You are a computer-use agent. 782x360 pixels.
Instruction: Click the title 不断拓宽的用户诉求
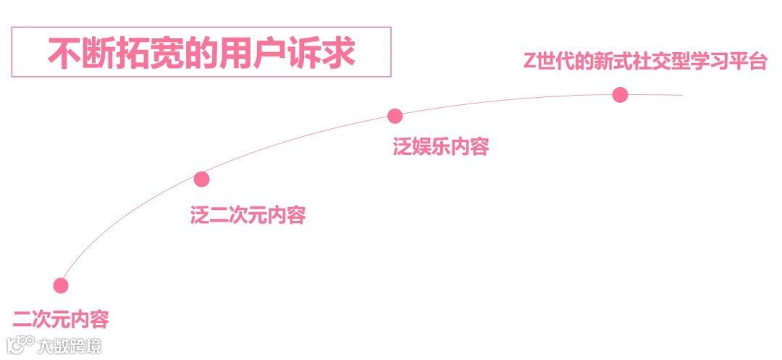(x=201, y=52)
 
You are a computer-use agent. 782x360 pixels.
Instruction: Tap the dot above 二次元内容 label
(x=61, y=285)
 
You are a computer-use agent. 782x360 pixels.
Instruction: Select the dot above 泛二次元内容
(x=201, y=179)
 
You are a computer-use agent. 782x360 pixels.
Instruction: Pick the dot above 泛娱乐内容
(x=395, y=115)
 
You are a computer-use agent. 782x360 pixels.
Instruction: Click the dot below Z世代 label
(x=620, y=94)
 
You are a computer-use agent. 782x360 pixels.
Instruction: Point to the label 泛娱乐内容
(x=441, y=147)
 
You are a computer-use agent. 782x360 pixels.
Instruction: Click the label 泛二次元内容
(x=248, y=215)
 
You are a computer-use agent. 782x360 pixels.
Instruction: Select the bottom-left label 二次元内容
(x=61, y=318)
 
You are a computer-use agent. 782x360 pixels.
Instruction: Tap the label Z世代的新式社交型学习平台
(x=645, y=62)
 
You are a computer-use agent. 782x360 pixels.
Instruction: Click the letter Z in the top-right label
(x=530, y=62)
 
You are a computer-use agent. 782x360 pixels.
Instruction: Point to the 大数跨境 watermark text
(x=70, y=346)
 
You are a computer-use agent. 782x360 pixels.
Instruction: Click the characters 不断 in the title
(x=80, y=52)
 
